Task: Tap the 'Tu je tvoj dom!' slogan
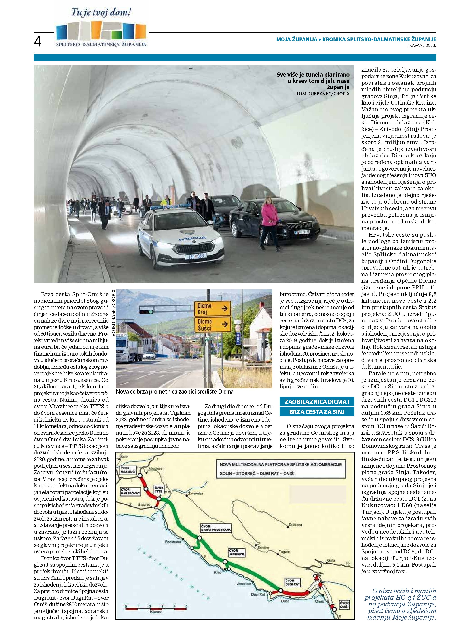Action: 101,13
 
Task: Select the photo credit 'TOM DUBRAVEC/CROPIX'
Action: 323,94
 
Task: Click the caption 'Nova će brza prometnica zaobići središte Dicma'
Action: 174,392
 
